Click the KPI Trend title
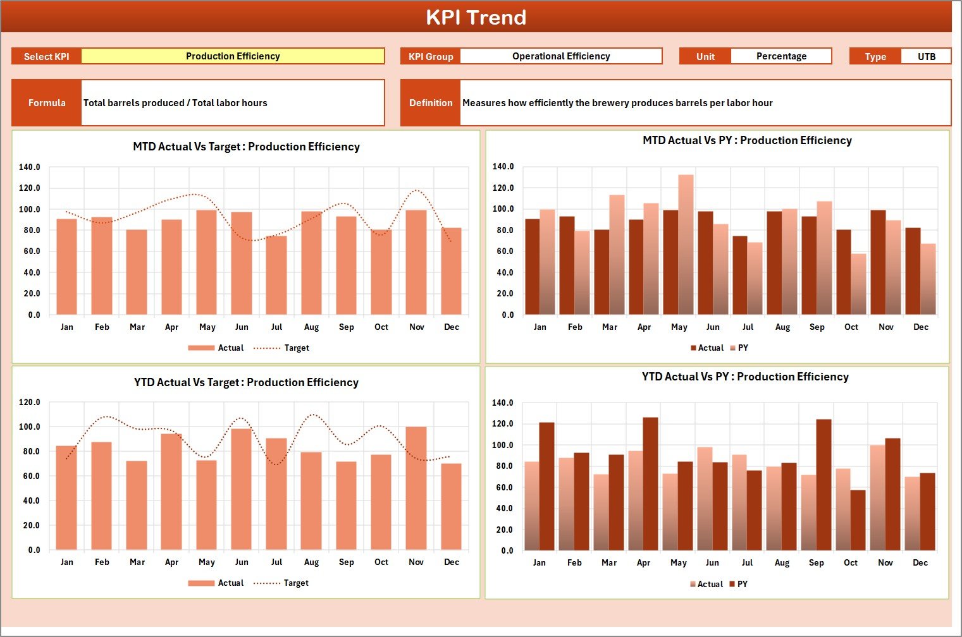point(476,17)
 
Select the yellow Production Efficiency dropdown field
point(233,56)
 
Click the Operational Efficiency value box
point(560,56)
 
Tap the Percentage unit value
point(780,56)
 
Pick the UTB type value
point(926,56)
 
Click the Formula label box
point(47,103)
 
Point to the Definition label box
point(431,103)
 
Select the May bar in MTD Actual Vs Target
point(206,262)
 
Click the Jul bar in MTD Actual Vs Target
point(276,276)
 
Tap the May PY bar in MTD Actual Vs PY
point(686,245)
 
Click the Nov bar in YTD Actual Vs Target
point(416,488)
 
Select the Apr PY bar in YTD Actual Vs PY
point(650,484)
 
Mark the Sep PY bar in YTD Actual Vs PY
point(823,485)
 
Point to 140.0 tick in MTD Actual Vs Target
point(30,167)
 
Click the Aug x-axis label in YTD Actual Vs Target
point(311,562)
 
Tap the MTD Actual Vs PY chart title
point(747,140)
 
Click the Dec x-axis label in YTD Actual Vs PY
point(920,563)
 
